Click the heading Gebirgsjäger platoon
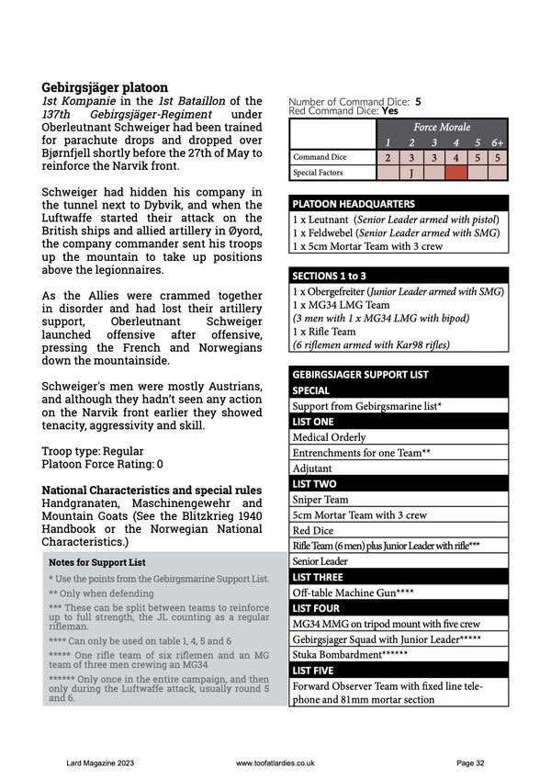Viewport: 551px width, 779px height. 104,87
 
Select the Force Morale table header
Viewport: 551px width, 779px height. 441,127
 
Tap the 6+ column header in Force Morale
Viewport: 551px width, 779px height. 497,142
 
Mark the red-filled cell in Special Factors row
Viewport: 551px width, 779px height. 455,172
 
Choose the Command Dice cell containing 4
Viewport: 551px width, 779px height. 455,157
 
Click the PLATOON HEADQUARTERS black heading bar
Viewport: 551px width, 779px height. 399,203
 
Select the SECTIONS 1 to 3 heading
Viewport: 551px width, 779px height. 399,276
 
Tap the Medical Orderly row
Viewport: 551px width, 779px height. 399,437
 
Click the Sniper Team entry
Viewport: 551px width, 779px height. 399,500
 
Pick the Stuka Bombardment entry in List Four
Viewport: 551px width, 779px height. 399,655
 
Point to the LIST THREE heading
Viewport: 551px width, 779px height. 399,577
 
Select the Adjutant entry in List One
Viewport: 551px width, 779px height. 399,469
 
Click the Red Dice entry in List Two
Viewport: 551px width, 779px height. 399,531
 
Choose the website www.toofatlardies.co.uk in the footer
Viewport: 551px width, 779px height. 275,762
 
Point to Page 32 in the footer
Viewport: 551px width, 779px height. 470,762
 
